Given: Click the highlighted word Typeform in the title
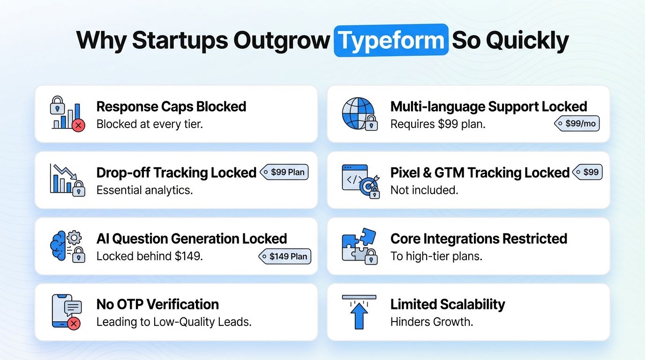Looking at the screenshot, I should click(391, 41).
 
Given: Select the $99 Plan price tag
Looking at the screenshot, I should click(284, 172).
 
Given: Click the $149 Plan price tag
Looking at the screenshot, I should click(285, 256).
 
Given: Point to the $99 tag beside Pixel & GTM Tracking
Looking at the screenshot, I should click(587, 172).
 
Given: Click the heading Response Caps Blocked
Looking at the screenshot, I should click(171, 106).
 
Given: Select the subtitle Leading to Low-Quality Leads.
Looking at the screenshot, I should click(174, 322).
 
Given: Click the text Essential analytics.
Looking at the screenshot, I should click(144, 190).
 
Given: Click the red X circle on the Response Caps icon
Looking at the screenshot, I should click(79, 125).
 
